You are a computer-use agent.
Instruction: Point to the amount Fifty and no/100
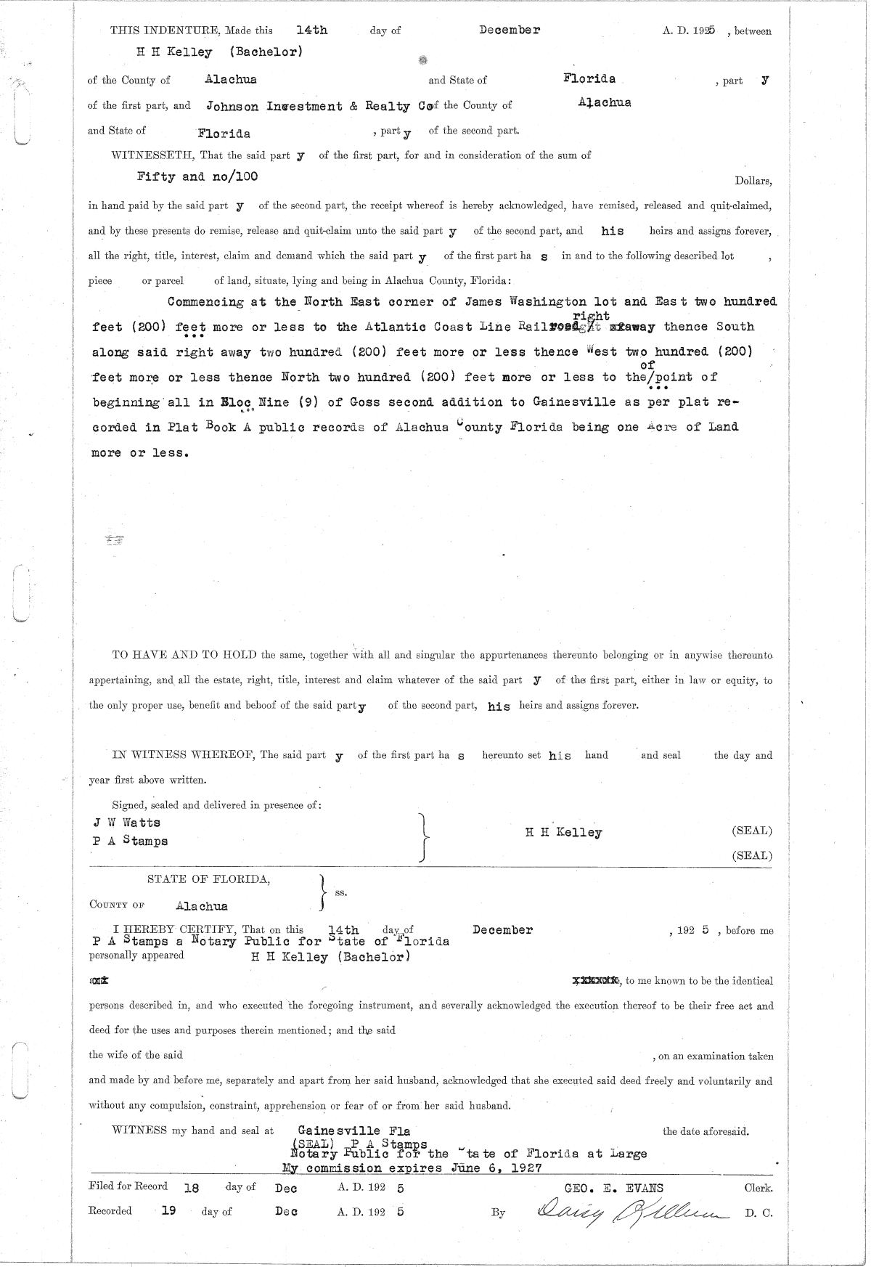pyautogui.click(x=197, y=176)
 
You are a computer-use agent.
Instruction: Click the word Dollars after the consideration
pyautogui.click(x=753, y=182)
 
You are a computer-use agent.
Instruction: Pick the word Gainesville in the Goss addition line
pyautogui.click(x=573, y=402)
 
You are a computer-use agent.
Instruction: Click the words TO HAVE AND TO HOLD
pyautogui.click(x=184, y=654)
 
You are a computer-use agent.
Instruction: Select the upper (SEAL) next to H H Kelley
pyautogui.click(x=751, y=831)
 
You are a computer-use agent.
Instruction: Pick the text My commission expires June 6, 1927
pyautogui.click(x=411, y=1168)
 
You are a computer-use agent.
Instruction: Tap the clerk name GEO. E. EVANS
pyautogui.click(x=603, y=1188)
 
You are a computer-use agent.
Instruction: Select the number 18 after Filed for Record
pyautogui.click(x=192, y=1189)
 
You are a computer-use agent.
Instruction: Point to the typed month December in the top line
pyautogui.click(x=509, y=30)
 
